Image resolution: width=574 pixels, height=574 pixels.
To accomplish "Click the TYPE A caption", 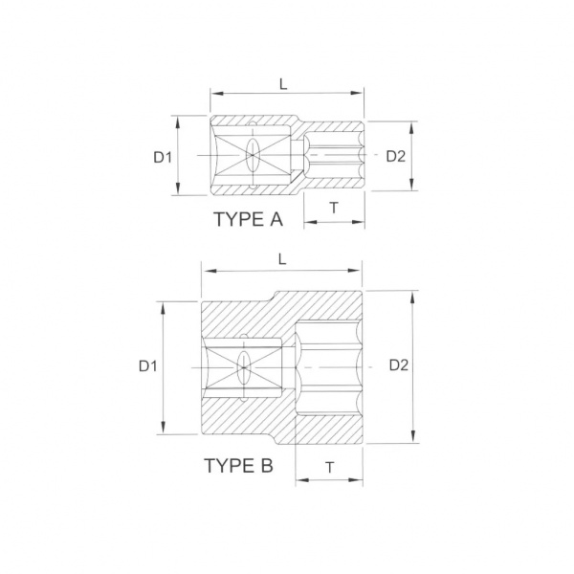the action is pyautogui.click(x=248, y=219).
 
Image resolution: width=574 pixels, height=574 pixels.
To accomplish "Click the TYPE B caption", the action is pyautogui.click(x=238, y=466).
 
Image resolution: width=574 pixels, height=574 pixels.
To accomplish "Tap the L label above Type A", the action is pyautogui.click(x=283, y=84).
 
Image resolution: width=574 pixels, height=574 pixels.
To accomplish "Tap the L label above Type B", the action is pyautogui.click(x=282, y=259).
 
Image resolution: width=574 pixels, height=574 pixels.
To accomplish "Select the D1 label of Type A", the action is pyautogui.click(x=163, y=158).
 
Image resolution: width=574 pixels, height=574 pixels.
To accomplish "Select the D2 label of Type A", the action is pyautogui.click(x=396, y=156).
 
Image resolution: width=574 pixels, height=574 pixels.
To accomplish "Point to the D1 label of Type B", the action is pyautogui.click(x=148, y=365).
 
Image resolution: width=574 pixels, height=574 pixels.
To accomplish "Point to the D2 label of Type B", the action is pyautogui.click(x=399, y=365).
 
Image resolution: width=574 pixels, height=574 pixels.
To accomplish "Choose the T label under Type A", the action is pyautogui.click(x=334, y=208).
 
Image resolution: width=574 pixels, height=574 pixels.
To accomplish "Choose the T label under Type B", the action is pyautogui.click(x=330, y=468).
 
